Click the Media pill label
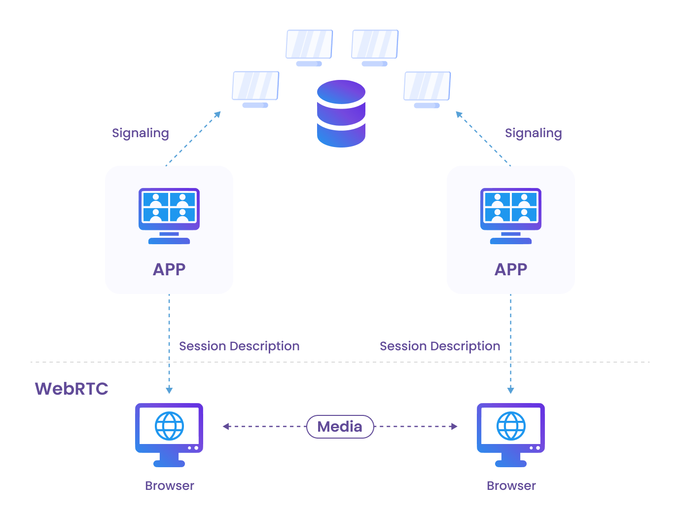[x=340, y=427]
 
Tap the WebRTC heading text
[x=72, y=389]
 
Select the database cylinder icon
[x=341, y=113]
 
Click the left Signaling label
[x=140, y=133]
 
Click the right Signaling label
[x=533, y=133]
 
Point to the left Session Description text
[x=239, y=346]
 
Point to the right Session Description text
[x=440, y=346]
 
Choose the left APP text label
[x=169, y=269]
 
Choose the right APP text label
[x=511, y=269]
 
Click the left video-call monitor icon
[x=169, y=215]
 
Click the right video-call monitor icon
[x=511, y=215]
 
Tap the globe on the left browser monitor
[x=169, y=425]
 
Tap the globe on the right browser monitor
[x=511, y=425]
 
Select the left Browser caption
[x=169, y=486]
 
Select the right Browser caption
[x=511, y=486]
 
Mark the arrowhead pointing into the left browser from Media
[x=226, y=426]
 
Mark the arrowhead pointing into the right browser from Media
[x=454, y=426]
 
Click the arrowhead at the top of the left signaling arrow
[x=217, y=114]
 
